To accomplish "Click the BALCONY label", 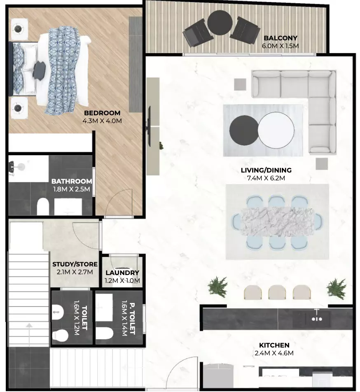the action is [281, 38].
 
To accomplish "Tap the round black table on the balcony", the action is [220, 23].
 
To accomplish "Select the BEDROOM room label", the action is [102, 113].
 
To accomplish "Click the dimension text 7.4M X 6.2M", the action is [266, 178].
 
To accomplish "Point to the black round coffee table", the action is [244, 130].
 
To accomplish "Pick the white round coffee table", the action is [276, 130].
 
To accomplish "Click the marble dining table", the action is [277, 222].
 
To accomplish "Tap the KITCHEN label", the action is [274, 345].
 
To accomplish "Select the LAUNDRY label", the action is [122, 273].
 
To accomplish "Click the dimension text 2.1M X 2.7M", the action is [75, 272].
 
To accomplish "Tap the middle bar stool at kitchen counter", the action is [277, 292].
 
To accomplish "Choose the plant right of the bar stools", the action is [337, 289].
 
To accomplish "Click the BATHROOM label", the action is [72, 181].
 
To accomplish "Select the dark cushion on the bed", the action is [39, 68].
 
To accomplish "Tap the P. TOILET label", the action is [132, 319].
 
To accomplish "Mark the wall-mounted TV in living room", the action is [149, 126].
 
